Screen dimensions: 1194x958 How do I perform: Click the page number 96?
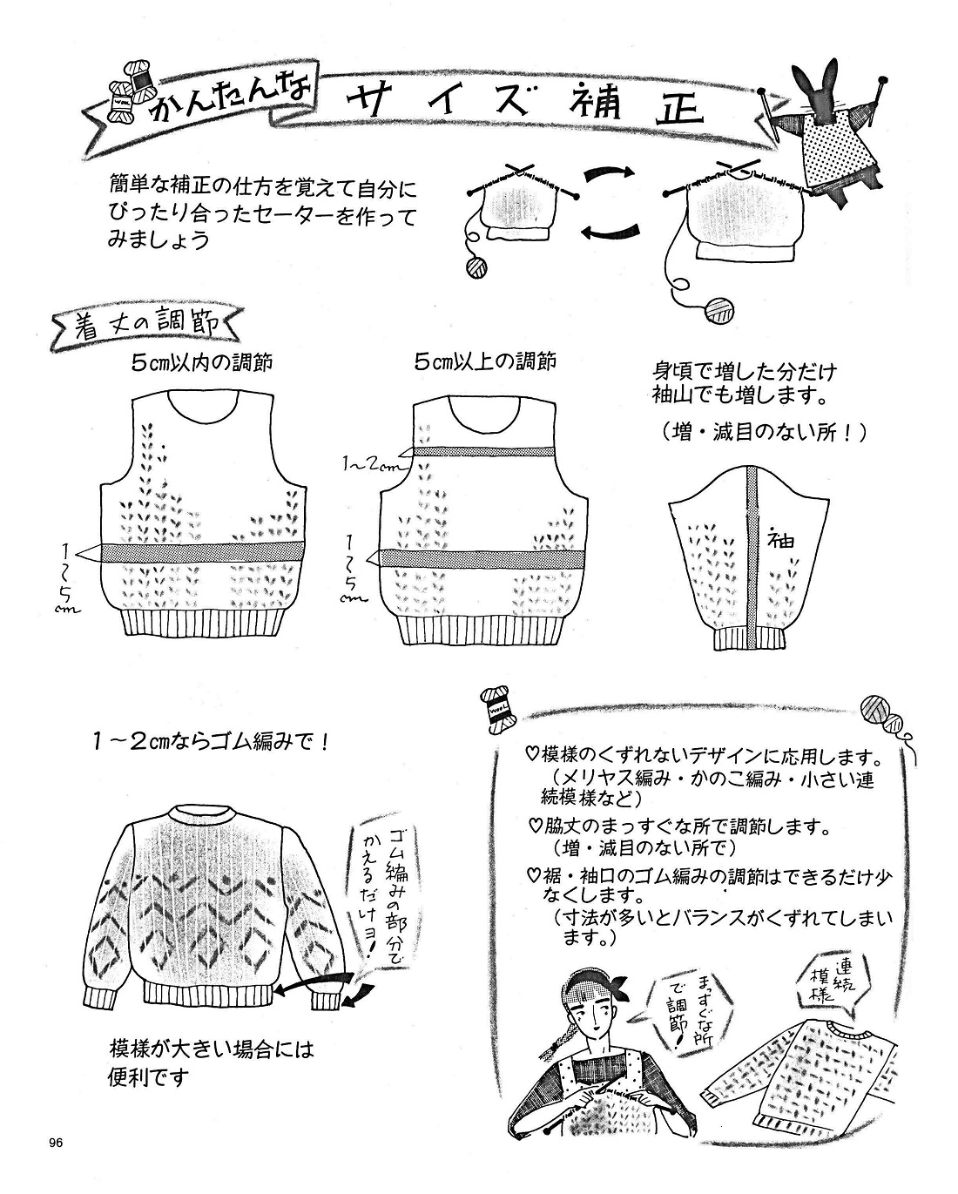pyautogui.click(x=57, y=1143)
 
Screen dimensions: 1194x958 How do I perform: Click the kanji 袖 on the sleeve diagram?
pyautogui.click(x=781, y=539)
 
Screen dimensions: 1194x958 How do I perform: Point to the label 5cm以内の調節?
pyautogui.click(x=201, y=361)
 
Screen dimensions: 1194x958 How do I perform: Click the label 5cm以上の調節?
pyautogui.click(x=485, y=361)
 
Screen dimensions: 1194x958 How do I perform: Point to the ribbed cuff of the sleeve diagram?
pyautogui.click(x=749, y=638)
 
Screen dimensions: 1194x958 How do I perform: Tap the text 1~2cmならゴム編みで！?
pyautogui.click(x=213, y=743)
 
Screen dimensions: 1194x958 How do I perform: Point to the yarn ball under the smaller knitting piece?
pyautogui.click(x=476, y=266)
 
